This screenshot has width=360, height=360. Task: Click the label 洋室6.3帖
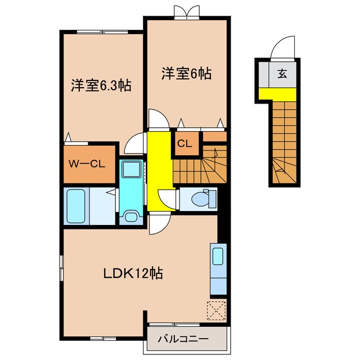[101, 86]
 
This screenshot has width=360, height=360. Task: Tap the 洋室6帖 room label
[187, 73]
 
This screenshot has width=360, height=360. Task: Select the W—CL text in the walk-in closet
[89, 164]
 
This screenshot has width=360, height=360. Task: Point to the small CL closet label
[185, 143]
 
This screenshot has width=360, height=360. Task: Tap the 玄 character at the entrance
[280, 73]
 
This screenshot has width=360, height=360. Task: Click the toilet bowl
[200, 199]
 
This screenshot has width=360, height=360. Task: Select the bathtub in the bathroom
[76, 206]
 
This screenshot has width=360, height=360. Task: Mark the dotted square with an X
[216, 310]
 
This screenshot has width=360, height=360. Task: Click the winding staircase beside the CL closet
[200, 166]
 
